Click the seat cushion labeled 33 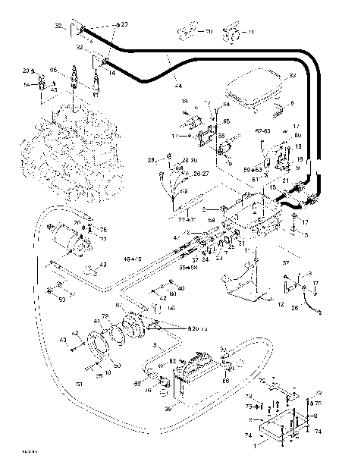click(257, 89)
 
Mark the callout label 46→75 click(133, 259)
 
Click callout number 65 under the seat click(225, 120)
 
